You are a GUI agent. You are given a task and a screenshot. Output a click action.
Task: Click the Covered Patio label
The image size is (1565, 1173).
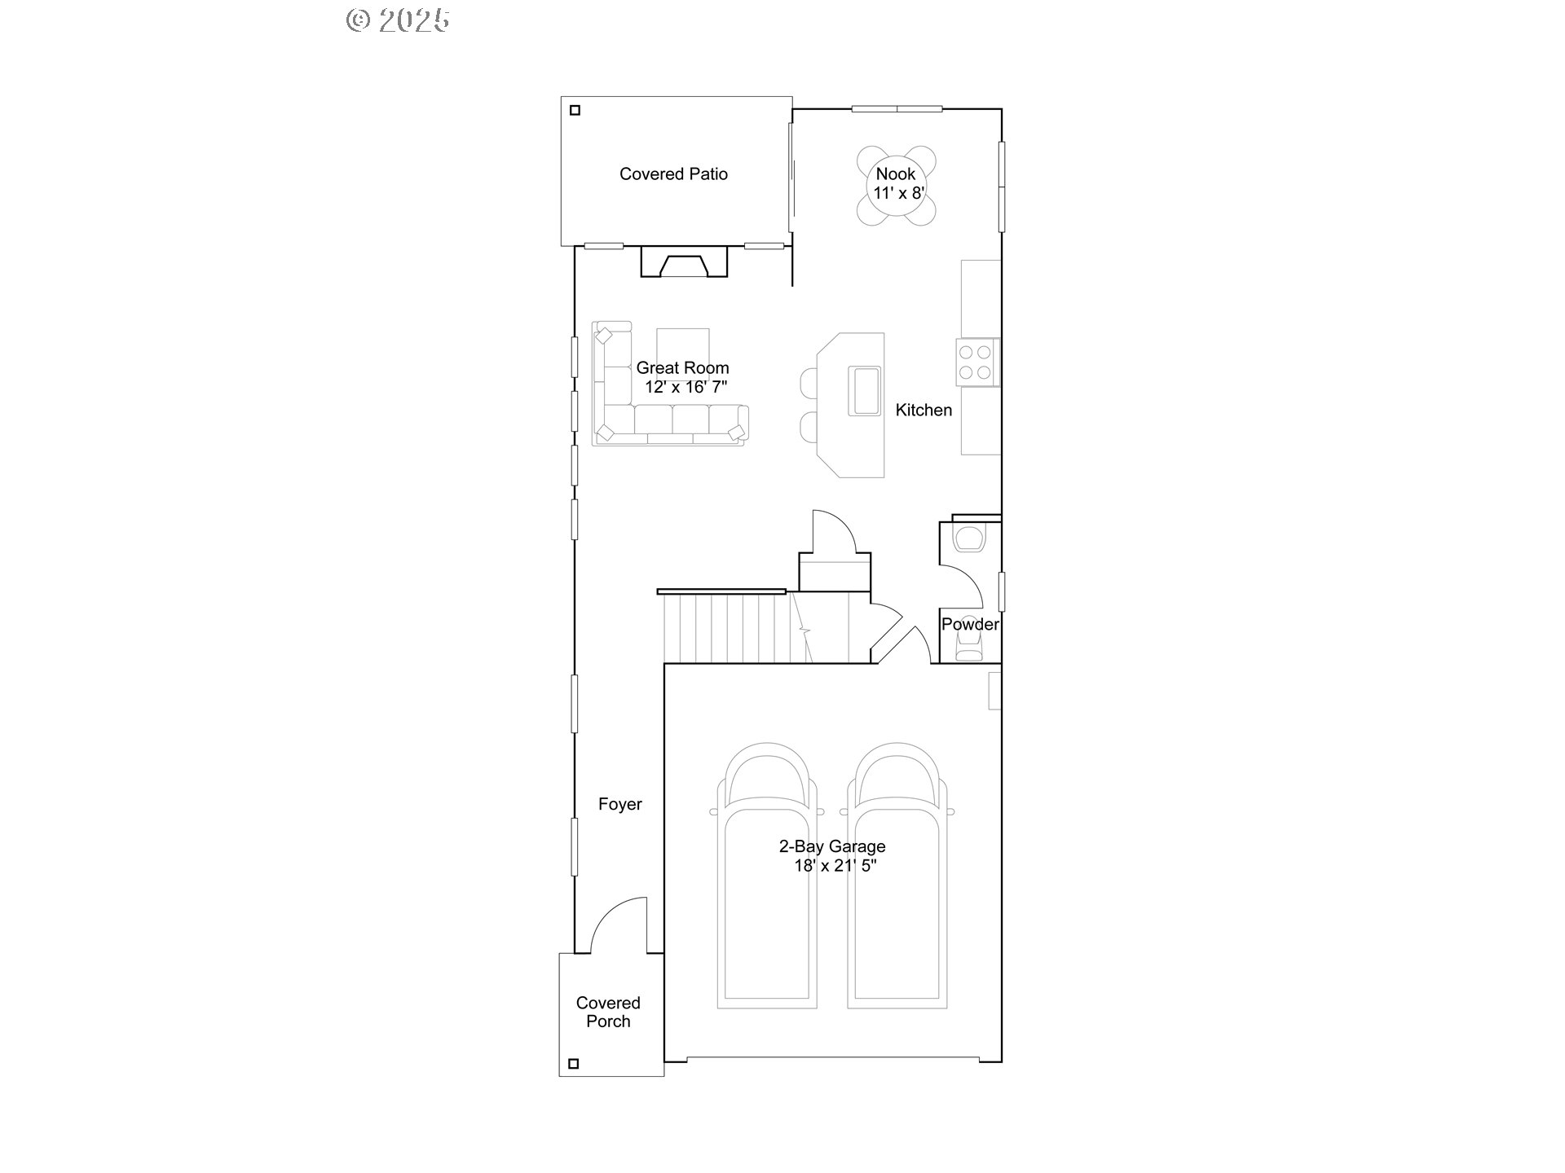[673, 174]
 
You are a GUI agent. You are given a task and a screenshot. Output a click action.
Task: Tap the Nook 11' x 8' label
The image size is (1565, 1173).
[896, 183]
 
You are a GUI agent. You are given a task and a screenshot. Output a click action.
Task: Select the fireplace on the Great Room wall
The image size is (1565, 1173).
[684, 264]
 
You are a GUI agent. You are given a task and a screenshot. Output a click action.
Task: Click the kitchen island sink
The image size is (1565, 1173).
[864, 391]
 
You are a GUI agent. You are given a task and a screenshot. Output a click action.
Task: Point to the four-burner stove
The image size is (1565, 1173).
[975, 362]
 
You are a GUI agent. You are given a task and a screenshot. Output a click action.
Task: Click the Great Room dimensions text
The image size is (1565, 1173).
[685, 387]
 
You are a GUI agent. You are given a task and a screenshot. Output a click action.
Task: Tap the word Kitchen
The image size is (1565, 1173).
[924, 410]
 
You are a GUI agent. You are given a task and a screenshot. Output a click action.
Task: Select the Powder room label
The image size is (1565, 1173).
[969, 624]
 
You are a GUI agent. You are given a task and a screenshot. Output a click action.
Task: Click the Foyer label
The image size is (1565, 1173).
[619, 804]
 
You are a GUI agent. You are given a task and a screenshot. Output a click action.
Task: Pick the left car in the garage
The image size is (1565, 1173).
[766, 876]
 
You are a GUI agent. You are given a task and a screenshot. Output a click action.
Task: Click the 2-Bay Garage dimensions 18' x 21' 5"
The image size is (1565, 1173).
[835, 866]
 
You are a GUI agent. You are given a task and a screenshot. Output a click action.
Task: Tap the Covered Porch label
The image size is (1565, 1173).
[608, 1012]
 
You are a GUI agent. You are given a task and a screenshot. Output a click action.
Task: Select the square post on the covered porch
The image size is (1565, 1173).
[573, 1063]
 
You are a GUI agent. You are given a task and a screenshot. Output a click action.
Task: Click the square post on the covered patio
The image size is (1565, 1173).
[575, 110]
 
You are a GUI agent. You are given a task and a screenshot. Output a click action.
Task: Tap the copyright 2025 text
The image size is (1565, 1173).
[398, 20]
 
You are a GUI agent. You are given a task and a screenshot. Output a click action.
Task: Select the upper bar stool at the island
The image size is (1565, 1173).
[809, 381]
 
